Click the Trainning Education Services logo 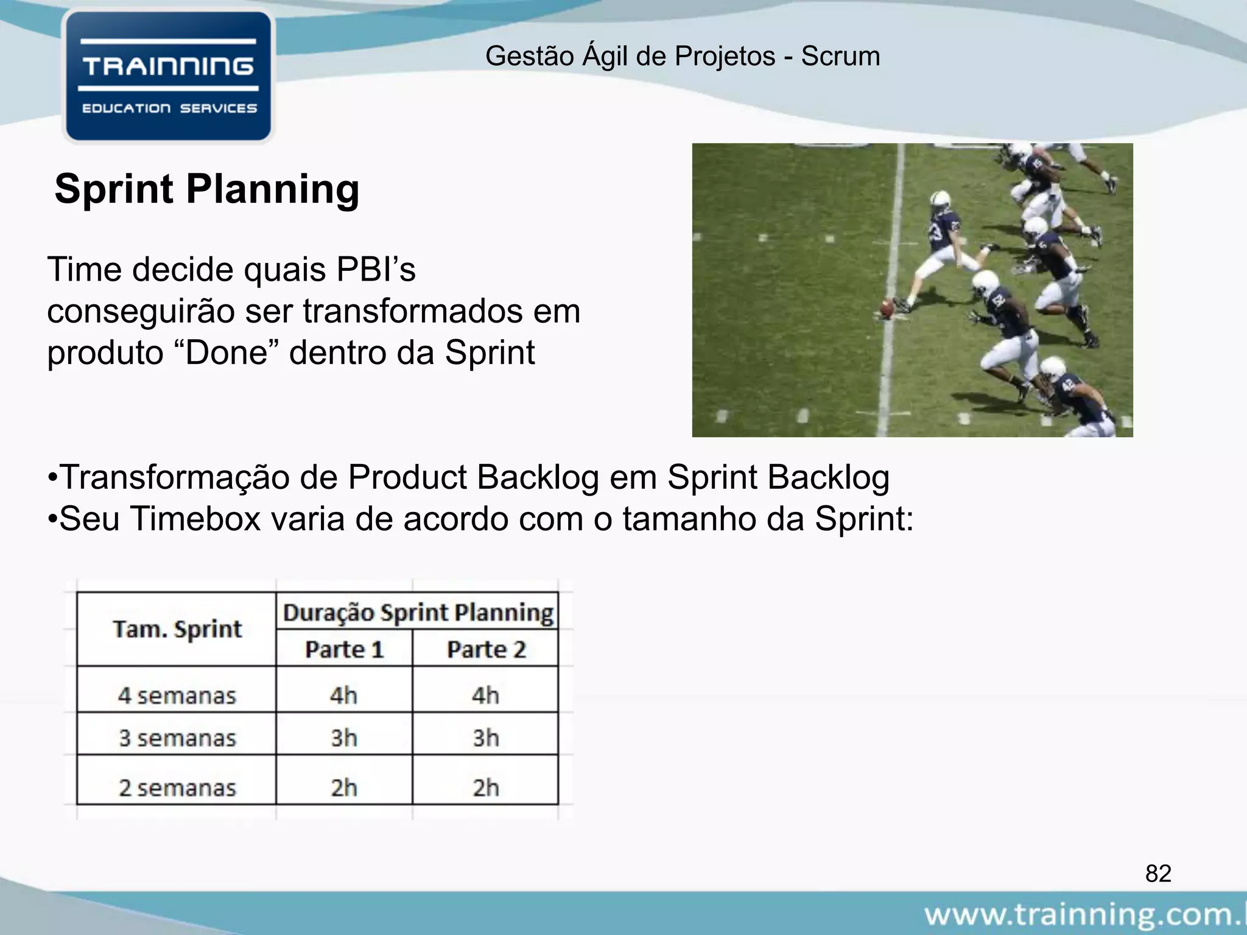pyautogui.click(x=169, y=77)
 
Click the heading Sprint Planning pyautogui.click(x=207, y=189)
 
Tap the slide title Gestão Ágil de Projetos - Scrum pyautogui.click(x=683, y=57)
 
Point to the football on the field pyautogui.click(x=888, y=306)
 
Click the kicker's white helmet pyautogui.click(x=941, y=198)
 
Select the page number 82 pyautogui.click(x=1157, y=874)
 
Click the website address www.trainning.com pyautogui.click(x=1084, y=915)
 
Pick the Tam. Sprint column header pyautogui.click(x=177, y=629)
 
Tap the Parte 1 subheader pyautogui.click(x=344, y=650)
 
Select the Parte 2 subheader pyautogui.click(x=486, y=650)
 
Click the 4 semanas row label pyautogui.click(x=177, y=695)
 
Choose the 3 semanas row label pyautogui.click(x=177, y=738)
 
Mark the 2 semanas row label pyautogui.click(x=177, y=788)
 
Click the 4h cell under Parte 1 pyautogui.click(x=344, y=695)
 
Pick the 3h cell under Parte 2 pyautogui.click(x=486, y=738)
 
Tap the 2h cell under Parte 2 pyautogui.click(x=486, y=788)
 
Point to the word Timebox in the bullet pyautogui.click(x=195, y=519)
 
